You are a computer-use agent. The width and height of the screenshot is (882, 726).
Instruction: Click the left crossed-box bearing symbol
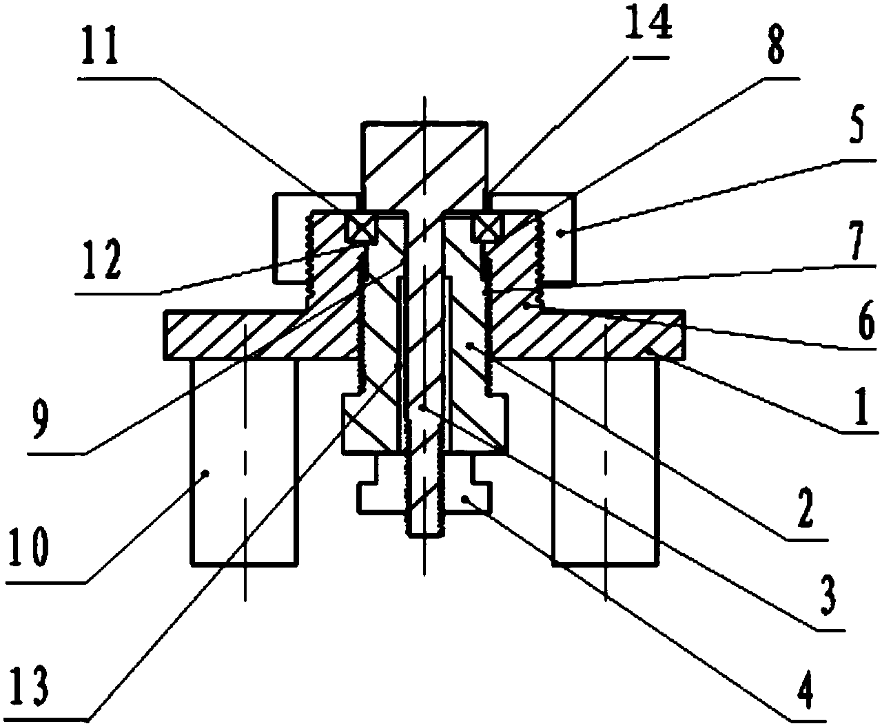(360, 228)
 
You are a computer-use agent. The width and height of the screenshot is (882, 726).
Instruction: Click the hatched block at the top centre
(424, 158)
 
